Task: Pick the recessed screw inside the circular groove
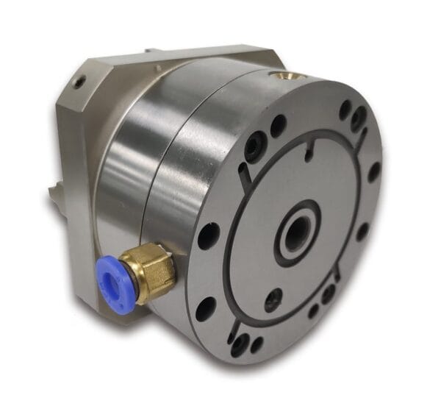click(273, 298)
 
